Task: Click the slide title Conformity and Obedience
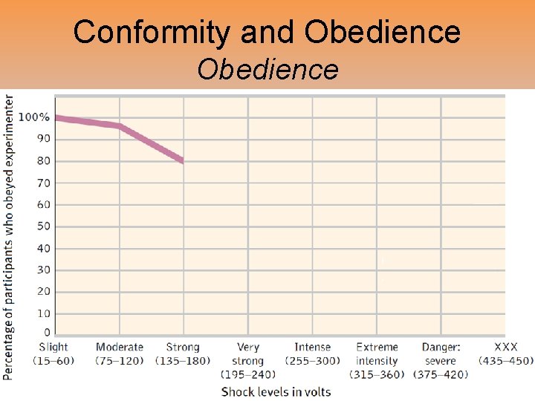tap(267, 32)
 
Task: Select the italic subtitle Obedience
tap(267, 70)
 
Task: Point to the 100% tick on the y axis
tap(34, 117)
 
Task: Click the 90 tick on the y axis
tap(44, 139)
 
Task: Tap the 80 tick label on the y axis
tap(44, 160)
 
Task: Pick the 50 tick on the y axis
tap(44, 226)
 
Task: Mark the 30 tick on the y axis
tap(44, 270)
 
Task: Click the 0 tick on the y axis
tap(47, 333)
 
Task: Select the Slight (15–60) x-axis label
tap(53, 353)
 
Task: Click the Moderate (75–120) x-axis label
tap(119, 353)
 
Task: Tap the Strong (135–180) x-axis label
tap(183, 353)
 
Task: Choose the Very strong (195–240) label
tap(247, 360)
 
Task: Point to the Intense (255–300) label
tap(312, 353)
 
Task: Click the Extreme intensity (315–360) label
tap(377, 360)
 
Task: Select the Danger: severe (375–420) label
tap(441, 360)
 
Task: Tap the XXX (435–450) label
tap(505, 353)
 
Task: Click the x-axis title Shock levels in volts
tap(276, 391)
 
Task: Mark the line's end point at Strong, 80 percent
tap(182, 160)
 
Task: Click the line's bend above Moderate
tap(120, 126)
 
